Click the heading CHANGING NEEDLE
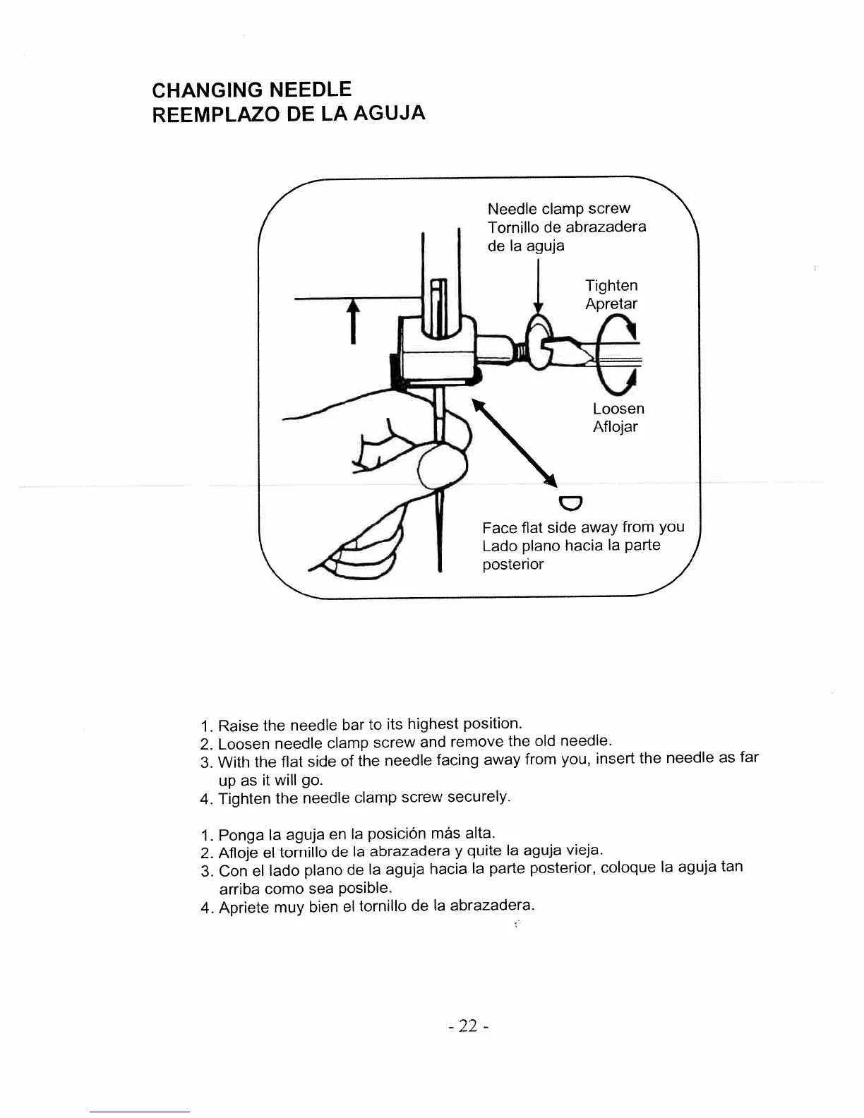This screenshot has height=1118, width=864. pos(251,90)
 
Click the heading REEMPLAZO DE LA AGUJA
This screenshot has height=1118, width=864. pos(289,114)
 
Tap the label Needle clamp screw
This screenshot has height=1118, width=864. pos(558,209)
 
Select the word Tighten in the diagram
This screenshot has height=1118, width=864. pos(611,286)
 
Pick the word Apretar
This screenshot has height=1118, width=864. pos(611,304)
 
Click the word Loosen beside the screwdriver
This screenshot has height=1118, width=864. pos(618,409)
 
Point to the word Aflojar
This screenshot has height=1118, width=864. pos(615,427)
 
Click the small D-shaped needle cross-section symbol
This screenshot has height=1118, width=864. pos(569,503)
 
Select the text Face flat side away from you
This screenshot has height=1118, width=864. pos(583,527)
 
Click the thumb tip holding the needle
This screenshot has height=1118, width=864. pos(443,468)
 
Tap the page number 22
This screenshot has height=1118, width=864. pos(468,1026)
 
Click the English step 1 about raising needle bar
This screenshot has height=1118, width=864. pos(369,725)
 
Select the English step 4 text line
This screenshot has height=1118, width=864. pos(363,798)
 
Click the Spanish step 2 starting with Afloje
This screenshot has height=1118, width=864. pos(409,851)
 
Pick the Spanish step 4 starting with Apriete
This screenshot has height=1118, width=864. pos(376,906)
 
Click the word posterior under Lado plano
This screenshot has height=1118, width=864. pos(512,565)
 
